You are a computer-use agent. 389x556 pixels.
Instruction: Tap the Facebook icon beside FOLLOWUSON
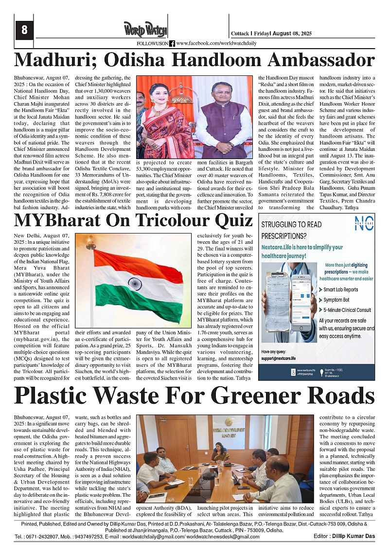click(x=172, y=43)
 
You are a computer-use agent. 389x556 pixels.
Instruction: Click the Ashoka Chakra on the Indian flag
click(x=135, y=283)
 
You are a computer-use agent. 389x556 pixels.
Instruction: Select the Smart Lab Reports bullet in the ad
click(x=341, y=289)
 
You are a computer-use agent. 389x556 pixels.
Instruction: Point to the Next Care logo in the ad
click(x=364, y=223)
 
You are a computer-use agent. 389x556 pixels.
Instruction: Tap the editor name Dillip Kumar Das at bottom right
click(x=357, y=536)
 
